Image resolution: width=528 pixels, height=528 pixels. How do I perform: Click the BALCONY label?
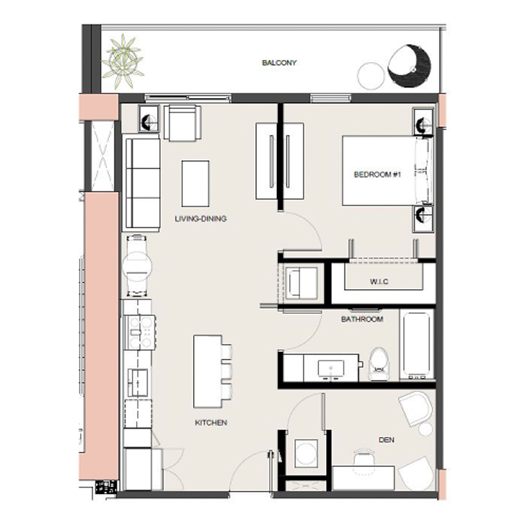(x=279, y=63)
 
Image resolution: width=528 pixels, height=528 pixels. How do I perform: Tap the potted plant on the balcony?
(x=123, y=60)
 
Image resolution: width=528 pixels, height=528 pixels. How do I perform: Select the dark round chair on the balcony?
(x=409, y=67)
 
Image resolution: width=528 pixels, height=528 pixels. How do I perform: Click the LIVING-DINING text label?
(x=201, y=219)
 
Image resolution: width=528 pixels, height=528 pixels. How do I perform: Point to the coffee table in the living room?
(x=195, y=183)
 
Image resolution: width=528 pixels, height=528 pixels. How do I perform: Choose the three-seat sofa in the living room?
(x=143, y=184)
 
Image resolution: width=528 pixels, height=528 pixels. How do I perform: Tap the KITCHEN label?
(x=211, y=422)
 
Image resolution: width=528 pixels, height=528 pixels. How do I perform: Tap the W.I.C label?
(x=379, y=282)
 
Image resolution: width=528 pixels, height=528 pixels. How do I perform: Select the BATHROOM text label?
(x=362, y=319)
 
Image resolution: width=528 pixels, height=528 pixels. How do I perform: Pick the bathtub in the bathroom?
(x=418, y=344)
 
